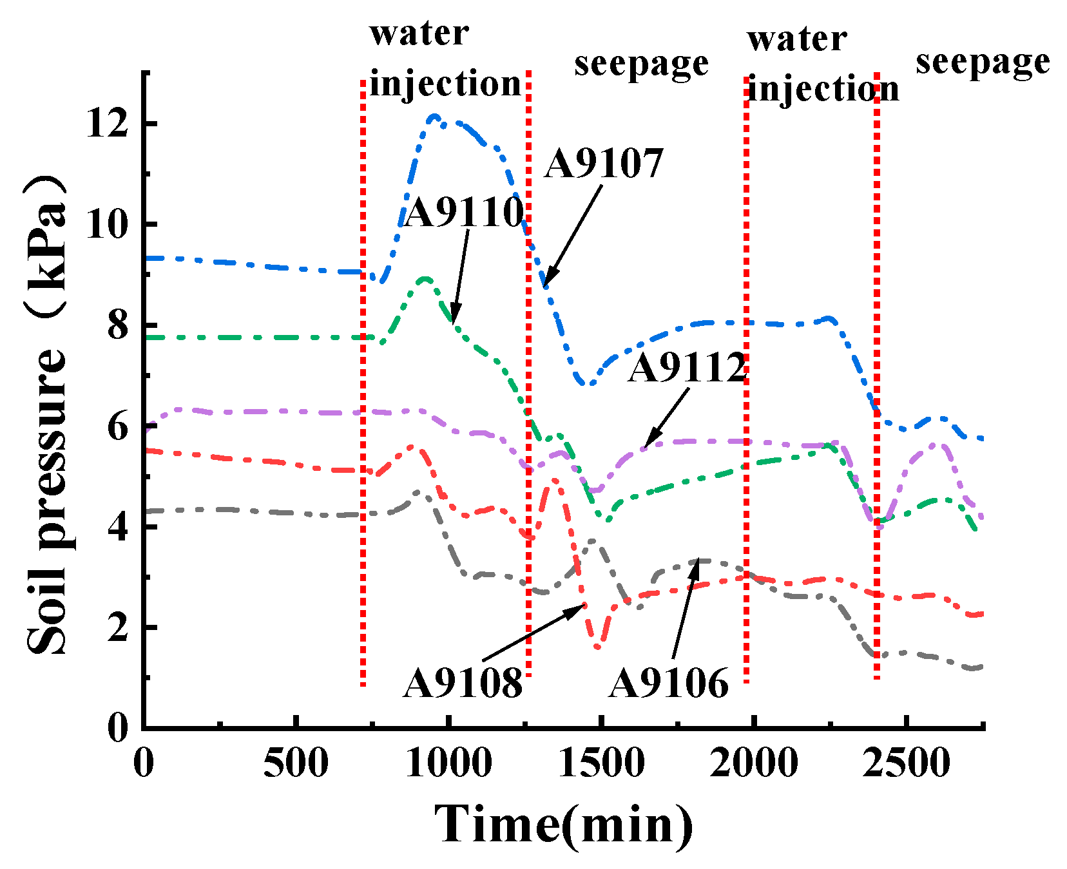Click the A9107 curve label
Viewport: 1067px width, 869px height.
click(604, 164)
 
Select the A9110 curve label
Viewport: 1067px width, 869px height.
click(463, 213)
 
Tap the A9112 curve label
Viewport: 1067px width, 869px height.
click(686, 368)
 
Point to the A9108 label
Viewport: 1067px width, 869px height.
click(462, 683)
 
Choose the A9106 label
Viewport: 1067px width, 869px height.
click(668, 683)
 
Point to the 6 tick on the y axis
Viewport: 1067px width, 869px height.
click(117, 426)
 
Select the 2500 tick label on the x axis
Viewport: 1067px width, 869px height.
click(906, 764)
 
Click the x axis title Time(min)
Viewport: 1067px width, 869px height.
click(564, 825)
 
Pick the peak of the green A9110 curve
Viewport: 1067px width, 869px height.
click(425, 279)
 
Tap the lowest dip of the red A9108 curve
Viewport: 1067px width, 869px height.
click(598, 647)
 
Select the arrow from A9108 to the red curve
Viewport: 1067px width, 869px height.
click(533, 632)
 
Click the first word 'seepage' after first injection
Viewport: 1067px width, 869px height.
click(641, 64)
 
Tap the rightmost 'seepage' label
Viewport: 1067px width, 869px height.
click(983, 63)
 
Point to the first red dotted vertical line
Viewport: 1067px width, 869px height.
click(363, 387)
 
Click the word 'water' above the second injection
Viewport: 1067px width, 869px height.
click(796, 40)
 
